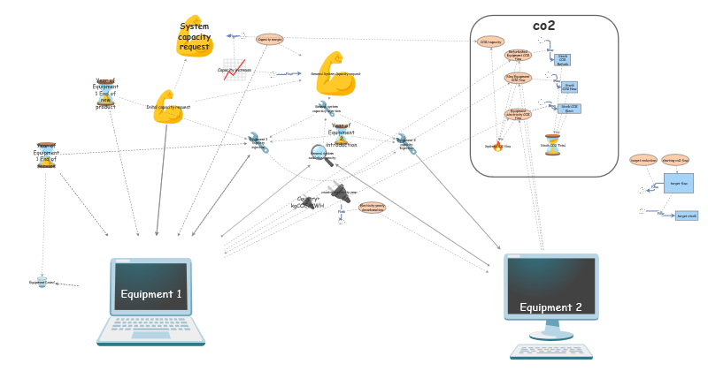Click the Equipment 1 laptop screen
pyautogui.click(x=150, y=285)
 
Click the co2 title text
pyautogui.click(x=543, y=26)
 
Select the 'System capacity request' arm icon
pyautogui.click(x=194, y=37)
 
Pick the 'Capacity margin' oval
pyautogui.click(x=269, y=39)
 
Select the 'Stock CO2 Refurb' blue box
pyautogui.click(x=562, y=60)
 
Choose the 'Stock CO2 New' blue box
pyautogui.click(x=569, y=87)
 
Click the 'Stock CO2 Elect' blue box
pyautogui.click(x=569, y=109)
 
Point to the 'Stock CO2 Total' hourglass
pyautogui.click(x=552, y=145)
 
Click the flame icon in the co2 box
pyautogui.click(x=497, y=146)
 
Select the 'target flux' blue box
pyautogui.click(x=679, y=183)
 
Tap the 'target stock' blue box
pyautogui.click(x=686, y=216)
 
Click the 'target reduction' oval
pyautogui.click(x=643, y=160)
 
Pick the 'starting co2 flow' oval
pyautogui.click(x=675, y=160)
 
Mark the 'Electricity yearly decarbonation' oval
pyautogui.click(x=372, y=208)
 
